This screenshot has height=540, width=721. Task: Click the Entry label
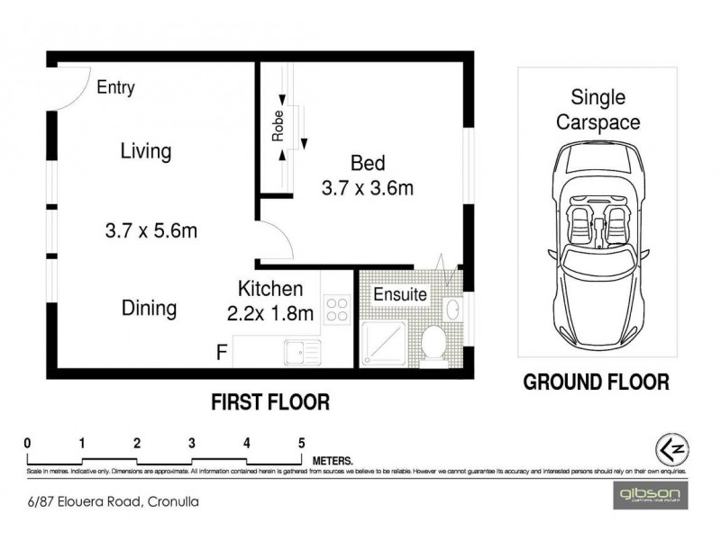(115, 87)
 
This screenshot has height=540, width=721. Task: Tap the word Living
(145, 150)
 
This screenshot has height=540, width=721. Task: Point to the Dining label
(149, 308)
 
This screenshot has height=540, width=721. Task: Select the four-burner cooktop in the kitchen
(338, 309)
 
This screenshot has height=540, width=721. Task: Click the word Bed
(368, 163)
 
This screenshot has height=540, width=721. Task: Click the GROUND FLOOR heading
(597, 382)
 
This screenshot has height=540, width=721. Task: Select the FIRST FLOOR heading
(271, 400)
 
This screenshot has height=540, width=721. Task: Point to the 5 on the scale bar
(301, 442)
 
